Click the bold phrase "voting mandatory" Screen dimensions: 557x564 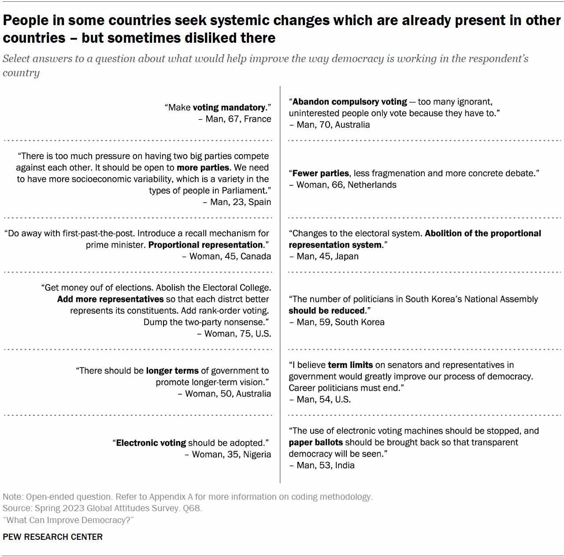229,108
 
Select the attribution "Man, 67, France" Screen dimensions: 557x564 238,119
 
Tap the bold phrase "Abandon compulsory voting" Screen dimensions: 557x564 350,102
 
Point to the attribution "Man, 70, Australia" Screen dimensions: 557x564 333,125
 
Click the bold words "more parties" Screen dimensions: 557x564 203,167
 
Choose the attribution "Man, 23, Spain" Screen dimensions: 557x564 240,202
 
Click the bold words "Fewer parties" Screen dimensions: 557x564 321,173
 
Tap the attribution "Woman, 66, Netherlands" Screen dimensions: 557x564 346,185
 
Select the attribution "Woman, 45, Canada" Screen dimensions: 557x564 230,256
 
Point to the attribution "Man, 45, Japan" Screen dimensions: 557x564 327,256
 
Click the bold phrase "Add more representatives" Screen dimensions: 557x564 110,299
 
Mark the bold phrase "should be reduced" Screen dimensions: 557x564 327,311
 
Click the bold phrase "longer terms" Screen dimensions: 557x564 172,371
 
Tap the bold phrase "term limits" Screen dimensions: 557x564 350,365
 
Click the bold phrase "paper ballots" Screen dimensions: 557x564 315,442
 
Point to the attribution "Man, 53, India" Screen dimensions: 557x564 325,465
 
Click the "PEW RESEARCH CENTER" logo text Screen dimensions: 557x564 52,537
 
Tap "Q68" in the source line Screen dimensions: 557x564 192,508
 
